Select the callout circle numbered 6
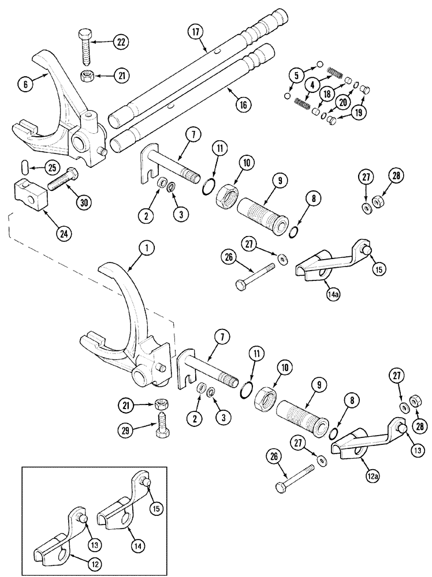click(25, 83)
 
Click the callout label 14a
click(332, 293)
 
